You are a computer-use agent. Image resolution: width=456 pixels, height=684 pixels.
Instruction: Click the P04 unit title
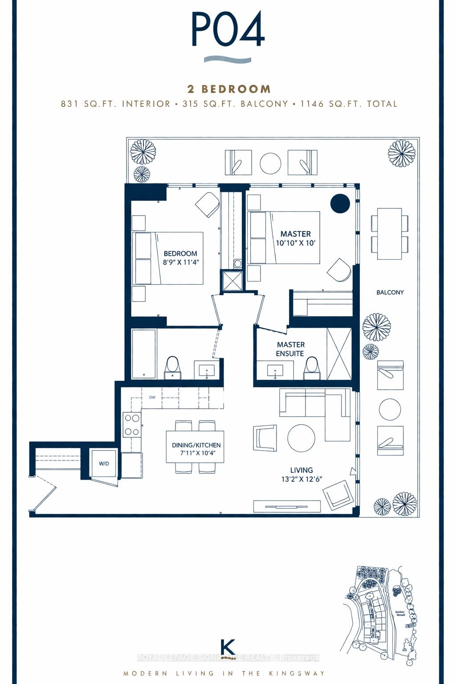click(x=228, y=29)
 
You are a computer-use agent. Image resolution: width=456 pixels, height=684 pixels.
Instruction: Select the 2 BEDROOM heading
click(x=229, y=89)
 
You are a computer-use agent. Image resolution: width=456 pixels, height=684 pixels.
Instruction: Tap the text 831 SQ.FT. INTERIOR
click(x=116, y=104)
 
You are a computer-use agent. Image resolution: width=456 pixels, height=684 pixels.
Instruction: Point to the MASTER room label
click(x=295, y=234)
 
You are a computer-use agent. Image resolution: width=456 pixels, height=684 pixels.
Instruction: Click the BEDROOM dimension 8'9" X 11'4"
click(x=180, y=262)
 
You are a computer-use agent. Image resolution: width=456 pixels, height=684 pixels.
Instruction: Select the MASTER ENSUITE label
click(x=290, y=349)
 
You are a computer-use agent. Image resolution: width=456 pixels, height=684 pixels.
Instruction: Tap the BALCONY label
click(x=390, y=293)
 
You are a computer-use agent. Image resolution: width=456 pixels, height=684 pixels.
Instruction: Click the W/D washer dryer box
click(x=104, y=464)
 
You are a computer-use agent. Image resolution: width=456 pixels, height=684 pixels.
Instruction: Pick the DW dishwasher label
click(x=152, y=397)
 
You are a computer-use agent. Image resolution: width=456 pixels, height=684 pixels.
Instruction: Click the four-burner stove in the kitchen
click(x=132, y=425)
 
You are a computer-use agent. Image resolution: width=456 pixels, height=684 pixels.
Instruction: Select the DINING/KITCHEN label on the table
click(x=196, y=445)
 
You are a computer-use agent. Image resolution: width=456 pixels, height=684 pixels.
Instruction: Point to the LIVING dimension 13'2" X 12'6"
click(x=301, y=479)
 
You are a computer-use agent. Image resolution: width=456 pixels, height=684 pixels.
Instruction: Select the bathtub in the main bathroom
click(x=144, y=354)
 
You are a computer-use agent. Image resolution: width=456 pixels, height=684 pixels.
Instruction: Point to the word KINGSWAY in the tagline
click(x=300, y=673)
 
